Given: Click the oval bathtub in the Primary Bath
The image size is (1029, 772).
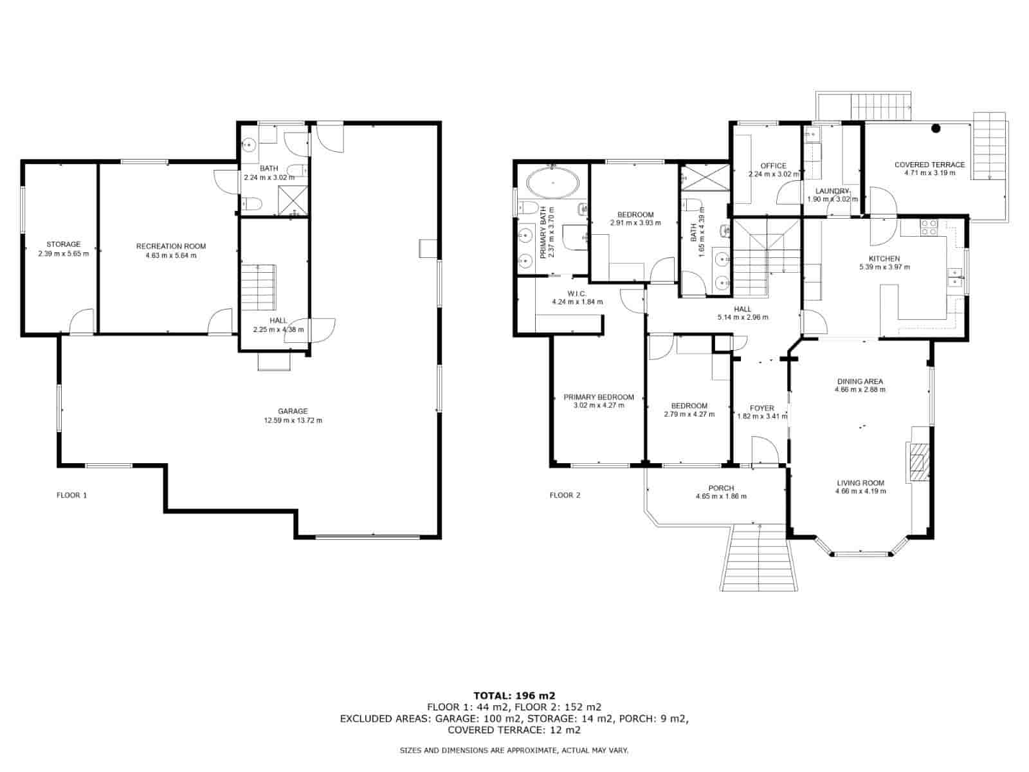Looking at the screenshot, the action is [x=552, y=183].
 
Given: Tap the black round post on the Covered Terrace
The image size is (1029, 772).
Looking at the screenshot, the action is [x=936, y=127].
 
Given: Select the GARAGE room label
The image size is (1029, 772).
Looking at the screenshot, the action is [x=293, y=411].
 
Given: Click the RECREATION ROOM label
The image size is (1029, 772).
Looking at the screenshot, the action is [x=171, y=246].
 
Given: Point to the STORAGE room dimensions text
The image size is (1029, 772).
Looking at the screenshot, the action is [x=63, y=253].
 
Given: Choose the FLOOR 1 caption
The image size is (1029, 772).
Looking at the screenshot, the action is [x=72, y=495].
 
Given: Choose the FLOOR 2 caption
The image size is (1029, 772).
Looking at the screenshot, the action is [x=565, y=495].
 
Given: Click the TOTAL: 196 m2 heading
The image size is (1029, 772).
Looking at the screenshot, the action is [x=514, y=695].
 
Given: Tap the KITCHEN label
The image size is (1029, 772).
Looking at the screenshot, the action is [x=884, y=259].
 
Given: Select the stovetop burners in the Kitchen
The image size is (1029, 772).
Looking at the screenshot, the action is [x=929, y=227].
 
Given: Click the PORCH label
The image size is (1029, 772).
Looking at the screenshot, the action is [x=721, y=488].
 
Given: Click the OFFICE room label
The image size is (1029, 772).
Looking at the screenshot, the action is [x=773, y=166].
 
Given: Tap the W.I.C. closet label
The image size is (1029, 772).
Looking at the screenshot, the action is [x=577, y=294].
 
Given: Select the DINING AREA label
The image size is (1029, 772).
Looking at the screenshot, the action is [x=860, y=381].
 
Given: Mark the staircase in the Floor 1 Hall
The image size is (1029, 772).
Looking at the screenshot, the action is [x=258, y=287].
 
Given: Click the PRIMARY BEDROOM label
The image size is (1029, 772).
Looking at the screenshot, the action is [x=599, y=397].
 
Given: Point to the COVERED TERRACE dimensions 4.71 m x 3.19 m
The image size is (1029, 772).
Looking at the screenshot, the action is [x=929, y=173].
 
